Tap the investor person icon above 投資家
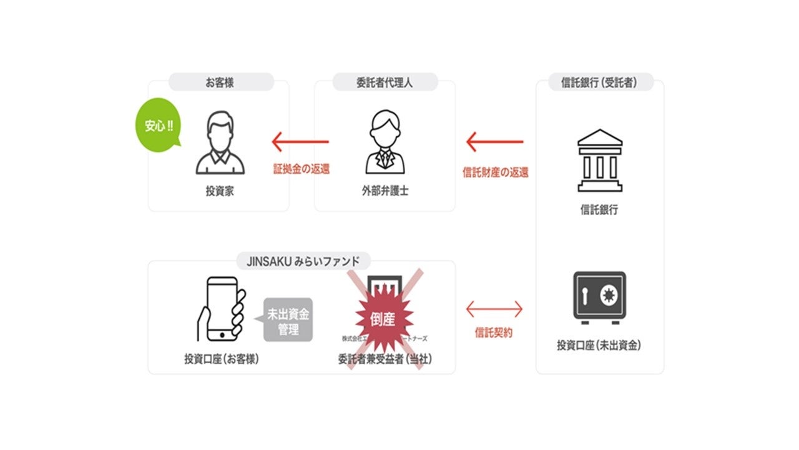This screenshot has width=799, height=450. click(220, 143)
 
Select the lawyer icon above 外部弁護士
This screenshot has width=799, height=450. click(385, 143)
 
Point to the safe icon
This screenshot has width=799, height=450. click(599, 297)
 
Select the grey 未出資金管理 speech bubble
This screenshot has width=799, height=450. click(288, 319)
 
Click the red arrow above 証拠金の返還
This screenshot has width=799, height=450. click(300, 142)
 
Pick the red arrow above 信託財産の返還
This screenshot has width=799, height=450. click(495, 142)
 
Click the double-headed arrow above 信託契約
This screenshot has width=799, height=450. click(494, 309)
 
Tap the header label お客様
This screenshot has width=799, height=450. click(220, 82)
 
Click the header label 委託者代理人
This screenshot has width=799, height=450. click(385, 82)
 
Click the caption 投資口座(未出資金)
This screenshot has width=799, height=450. click(599, 345)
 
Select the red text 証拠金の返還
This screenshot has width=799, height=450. click(301, 169)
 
